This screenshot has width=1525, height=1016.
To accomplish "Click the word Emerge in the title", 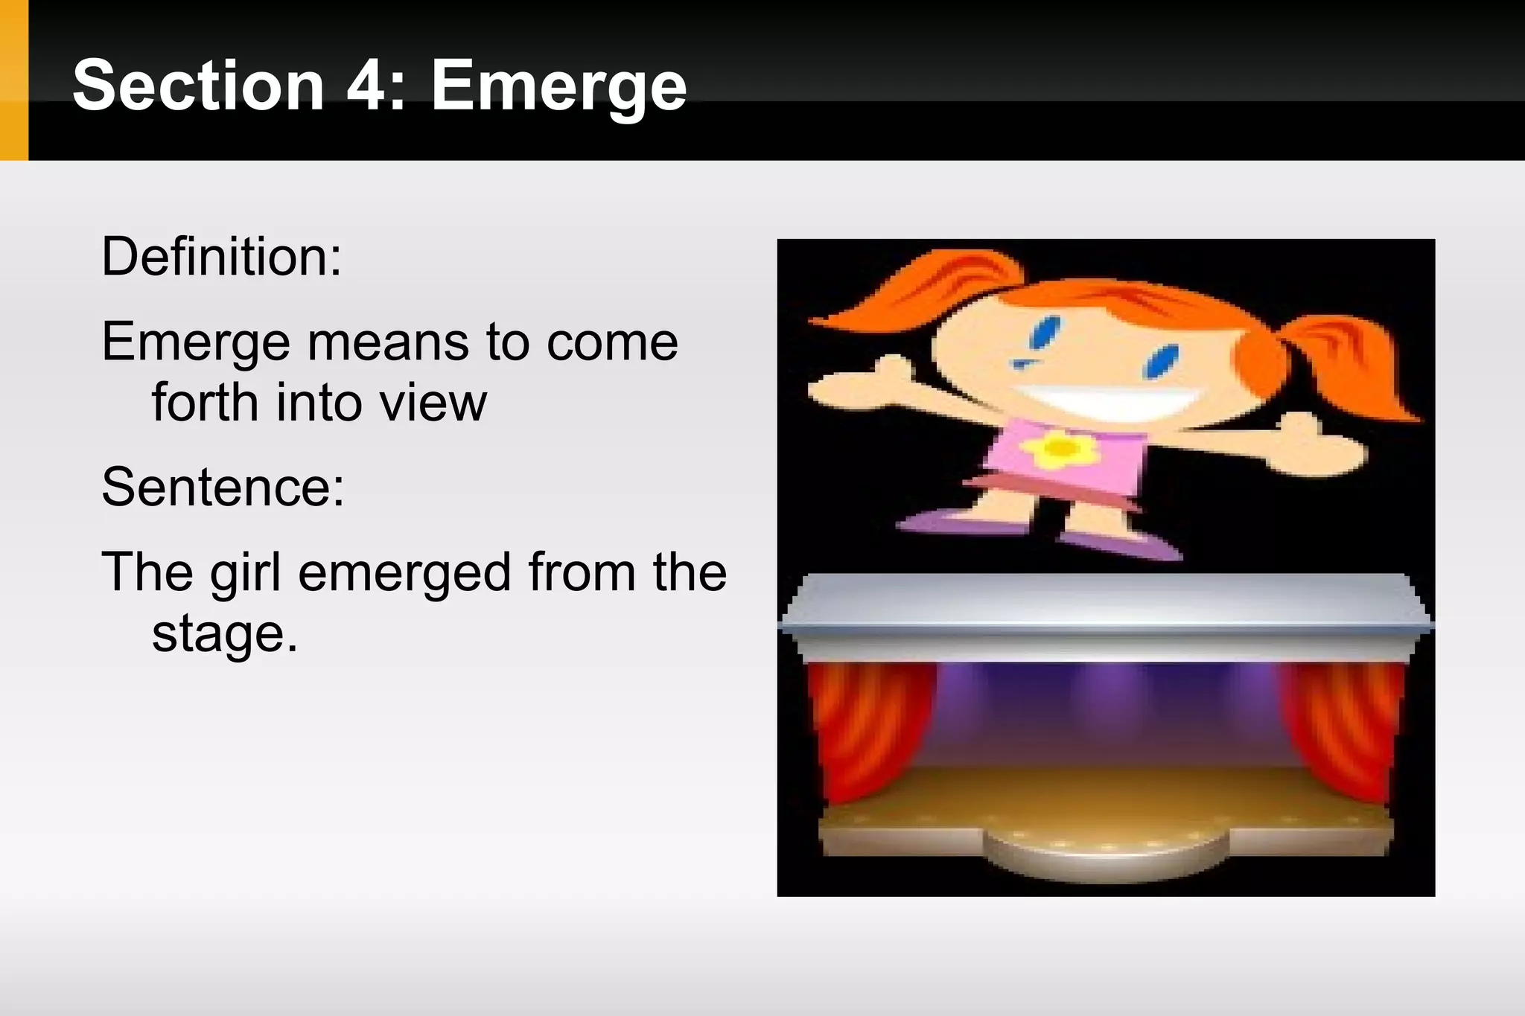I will pyautogui.click(x=558, y=86).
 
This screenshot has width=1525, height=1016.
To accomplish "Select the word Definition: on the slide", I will pyautogui.click(x=221, y=257).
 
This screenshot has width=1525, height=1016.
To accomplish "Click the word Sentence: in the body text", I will pyautogui.click(x=223, y=487).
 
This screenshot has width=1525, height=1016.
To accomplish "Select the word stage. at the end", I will pyautogui.click(x=224, y=634).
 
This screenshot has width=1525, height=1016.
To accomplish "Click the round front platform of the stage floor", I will pyautogui.click(x=1105, y=856).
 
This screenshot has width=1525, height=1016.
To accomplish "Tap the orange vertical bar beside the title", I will pyautogui.click(x=13, y=80).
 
